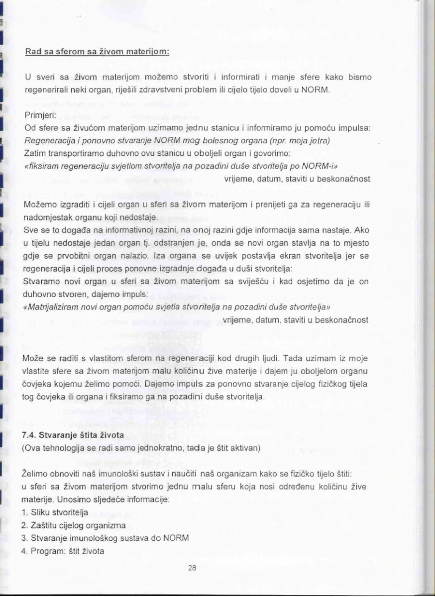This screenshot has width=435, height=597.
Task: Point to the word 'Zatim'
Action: point(34,153)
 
